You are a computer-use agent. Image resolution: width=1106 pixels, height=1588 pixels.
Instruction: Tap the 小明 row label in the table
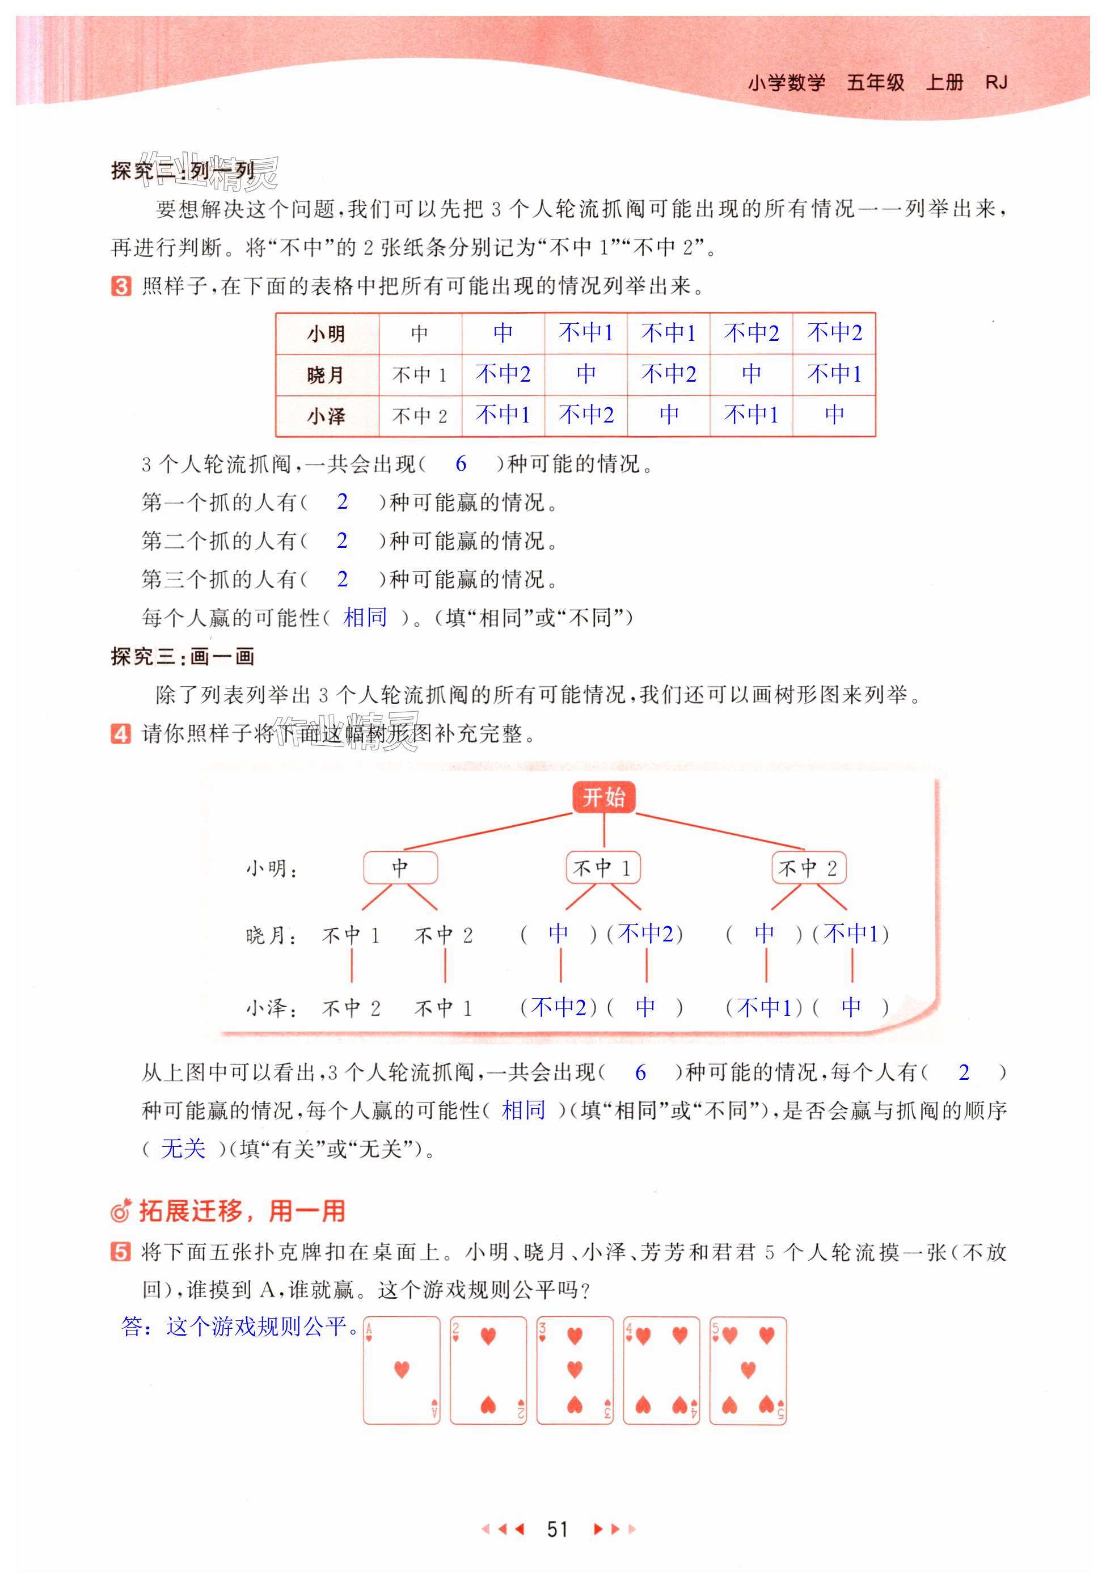(326, 334)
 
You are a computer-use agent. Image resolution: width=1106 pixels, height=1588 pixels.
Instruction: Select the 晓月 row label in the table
(326, 375)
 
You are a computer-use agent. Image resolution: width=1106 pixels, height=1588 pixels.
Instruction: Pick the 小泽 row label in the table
(326, 416)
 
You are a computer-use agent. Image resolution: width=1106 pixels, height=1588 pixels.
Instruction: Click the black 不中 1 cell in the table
(419, 375)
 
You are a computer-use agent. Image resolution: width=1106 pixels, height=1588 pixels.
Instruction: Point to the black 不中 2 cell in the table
(419, 416)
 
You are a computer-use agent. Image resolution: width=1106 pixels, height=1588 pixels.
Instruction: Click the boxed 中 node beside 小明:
(400, 867)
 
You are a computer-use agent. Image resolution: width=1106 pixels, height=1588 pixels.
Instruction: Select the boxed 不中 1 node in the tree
(602, 867)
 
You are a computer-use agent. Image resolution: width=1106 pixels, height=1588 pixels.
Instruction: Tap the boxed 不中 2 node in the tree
(808, 867)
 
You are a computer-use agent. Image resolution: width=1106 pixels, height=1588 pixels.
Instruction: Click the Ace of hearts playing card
(401, 1370)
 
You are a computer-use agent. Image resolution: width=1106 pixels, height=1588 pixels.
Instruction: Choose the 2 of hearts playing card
(488, 1370)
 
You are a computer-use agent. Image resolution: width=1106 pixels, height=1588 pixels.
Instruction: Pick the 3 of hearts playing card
(574, 1370)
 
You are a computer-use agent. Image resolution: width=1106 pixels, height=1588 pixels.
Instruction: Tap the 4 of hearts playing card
(661, 1370)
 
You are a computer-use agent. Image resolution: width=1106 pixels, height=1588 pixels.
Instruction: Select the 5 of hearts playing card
(748, 1370)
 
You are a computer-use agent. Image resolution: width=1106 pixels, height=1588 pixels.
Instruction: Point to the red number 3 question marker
(120, 286)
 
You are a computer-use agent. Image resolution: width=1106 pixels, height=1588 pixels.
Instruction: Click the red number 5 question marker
(120, 1252)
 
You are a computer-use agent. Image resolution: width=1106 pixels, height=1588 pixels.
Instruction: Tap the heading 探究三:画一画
(183, 656)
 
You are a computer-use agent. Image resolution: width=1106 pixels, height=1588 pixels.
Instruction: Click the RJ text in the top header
(996, 83)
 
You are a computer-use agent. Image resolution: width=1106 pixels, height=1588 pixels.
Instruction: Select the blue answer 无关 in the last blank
(183, 1149)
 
